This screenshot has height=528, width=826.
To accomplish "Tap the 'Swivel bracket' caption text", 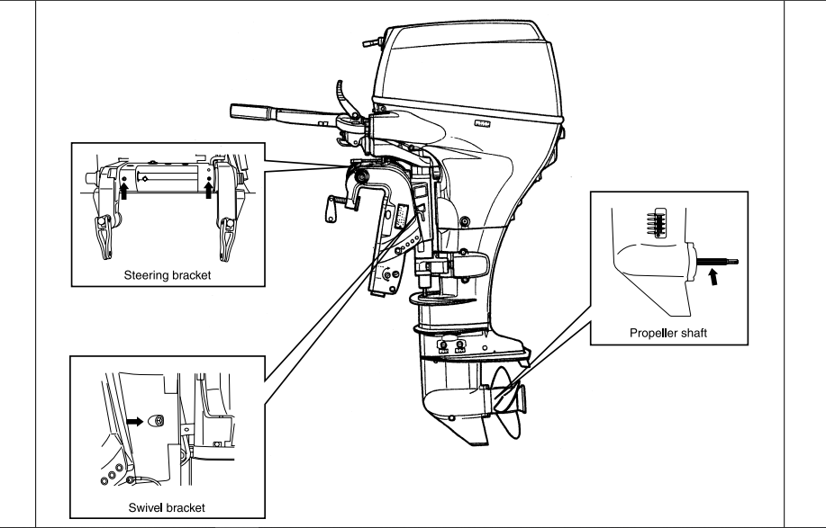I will coord(167,507).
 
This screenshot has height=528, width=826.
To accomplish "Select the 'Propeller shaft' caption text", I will coord(668,333).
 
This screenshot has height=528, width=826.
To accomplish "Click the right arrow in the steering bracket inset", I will coord(209,187).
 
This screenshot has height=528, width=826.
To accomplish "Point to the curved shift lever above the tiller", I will coord(340,94).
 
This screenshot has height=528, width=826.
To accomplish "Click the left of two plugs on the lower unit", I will coord(444,346).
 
